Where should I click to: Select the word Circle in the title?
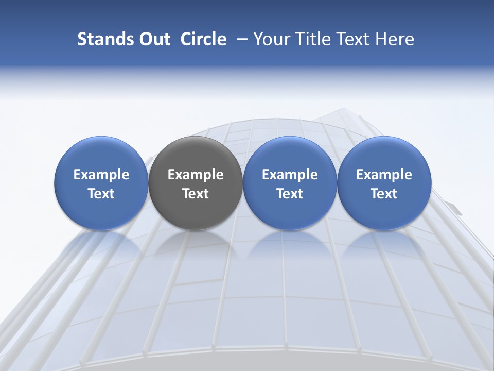click(x=203, y=39)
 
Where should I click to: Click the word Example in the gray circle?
click(x=196, y=175)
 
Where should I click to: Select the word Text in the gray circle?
click(x=196, y=194)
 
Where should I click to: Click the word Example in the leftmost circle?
click(x=101, y=175)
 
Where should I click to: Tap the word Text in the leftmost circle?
click(x=101, y=194)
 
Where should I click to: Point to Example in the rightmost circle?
click(x=384, y=175)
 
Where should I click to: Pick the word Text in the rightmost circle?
click(x=384, y=194)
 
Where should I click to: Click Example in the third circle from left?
click(x=290, y=175)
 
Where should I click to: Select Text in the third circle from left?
click(x=290, y=194)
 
